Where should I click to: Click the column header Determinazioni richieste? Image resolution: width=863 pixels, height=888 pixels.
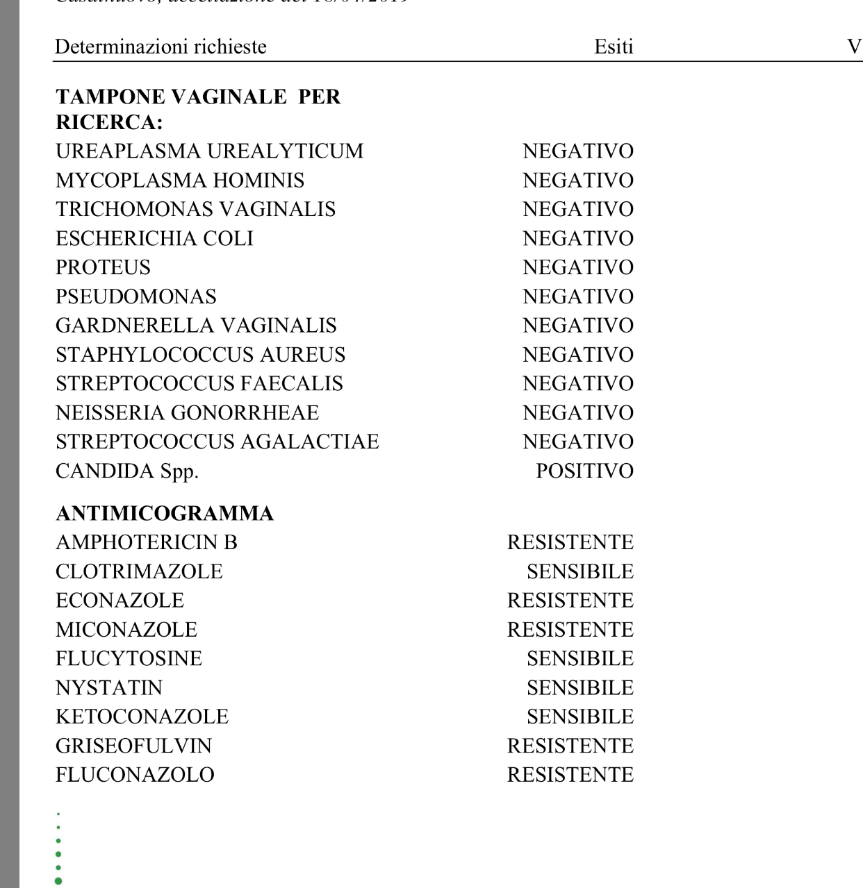(161, 47)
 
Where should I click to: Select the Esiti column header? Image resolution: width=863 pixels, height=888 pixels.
(614, 47)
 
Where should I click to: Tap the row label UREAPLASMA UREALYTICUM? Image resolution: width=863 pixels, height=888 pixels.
(209, 151)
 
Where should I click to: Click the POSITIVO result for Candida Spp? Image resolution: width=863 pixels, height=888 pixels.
(584, 471)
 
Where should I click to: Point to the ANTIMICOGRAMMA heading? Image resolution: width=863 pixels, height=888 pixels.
(165, 514)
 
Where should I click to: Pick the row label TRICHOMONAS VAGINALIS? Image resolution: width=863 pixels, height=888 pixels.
(195, 210)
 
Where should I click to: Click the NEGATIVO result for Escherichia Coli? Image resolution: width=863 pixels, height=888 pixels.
(578, 239)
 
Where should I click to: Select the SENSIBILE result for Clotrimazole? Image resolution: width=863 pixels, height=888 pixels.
(580, 572)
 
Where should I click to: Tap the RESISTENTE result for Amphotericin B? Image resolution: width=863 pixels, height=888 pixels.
(570, 543)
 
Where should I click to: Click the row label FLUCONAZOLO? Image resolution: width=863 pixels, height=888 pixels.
(135, 775)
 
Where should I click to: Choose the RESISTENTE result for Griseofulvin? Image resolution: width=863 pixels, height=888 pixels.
(570, 746)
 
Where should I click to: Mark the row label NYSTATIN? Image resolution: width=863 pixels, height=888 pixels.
(109, 688)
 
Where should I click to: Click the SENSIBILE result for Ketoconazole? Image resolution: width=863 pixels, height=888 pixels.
(580, 717)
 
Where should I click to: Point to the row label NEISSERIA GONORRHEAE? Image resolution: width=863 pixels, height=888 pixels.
(187, 413)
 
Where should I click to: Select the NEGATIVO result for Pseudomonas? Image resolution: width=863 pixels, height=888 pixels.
(578, 297)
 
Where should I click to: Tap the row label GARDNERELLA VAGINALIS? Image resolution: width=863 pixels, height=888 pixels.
(196, 326)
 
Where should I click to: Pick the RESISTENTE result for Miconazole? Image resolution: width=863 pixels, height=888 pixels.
(570, 630)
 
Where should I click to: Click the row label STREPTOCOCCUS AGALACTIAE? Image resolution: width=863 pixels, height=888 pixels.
(217, 442)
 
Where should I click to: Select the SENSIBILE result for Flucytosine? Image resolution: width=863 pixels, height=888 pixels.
(580, 659)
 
